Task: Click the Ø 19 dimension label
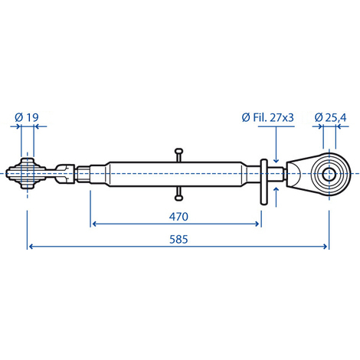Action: pyautogui.click(x=27, y=117)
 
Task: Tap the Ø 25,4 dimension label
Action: pyautogui.click(x=330, y=117)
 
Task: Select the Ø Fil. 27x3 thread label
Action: pyautogui.click(x=268, y=117)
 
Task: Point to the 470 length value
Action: pyautogui.click(x=178, y=217)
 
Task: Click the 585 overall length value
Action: pyautogui.click(x=178, y=239)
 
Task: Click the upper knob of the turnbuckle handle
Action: pyautogui.click(x=178, y=151)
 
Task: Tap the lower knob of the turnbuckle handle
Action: pyautogui.click(x=178, y=198)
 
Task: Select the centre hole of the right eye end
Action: pyautogui.click(x=329, y=174)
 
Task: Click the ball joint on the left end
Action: pyautogui.click(x=27, y=174)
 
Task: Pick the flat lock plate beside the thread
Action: pyautogui.click(x=263, y=182)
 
